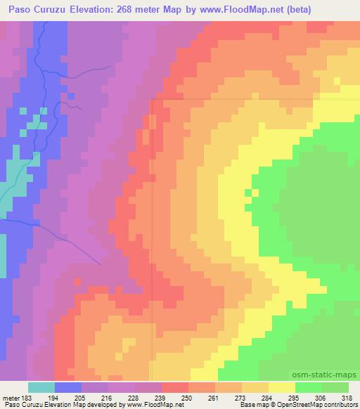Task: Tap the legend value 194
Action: (56, 397)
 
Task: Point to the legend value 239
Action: (162, 397)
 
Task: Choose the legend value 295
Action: (294, 397)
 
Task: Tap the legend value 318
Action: (346, 397)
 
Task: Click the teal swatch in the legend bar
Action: (41, 387)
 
